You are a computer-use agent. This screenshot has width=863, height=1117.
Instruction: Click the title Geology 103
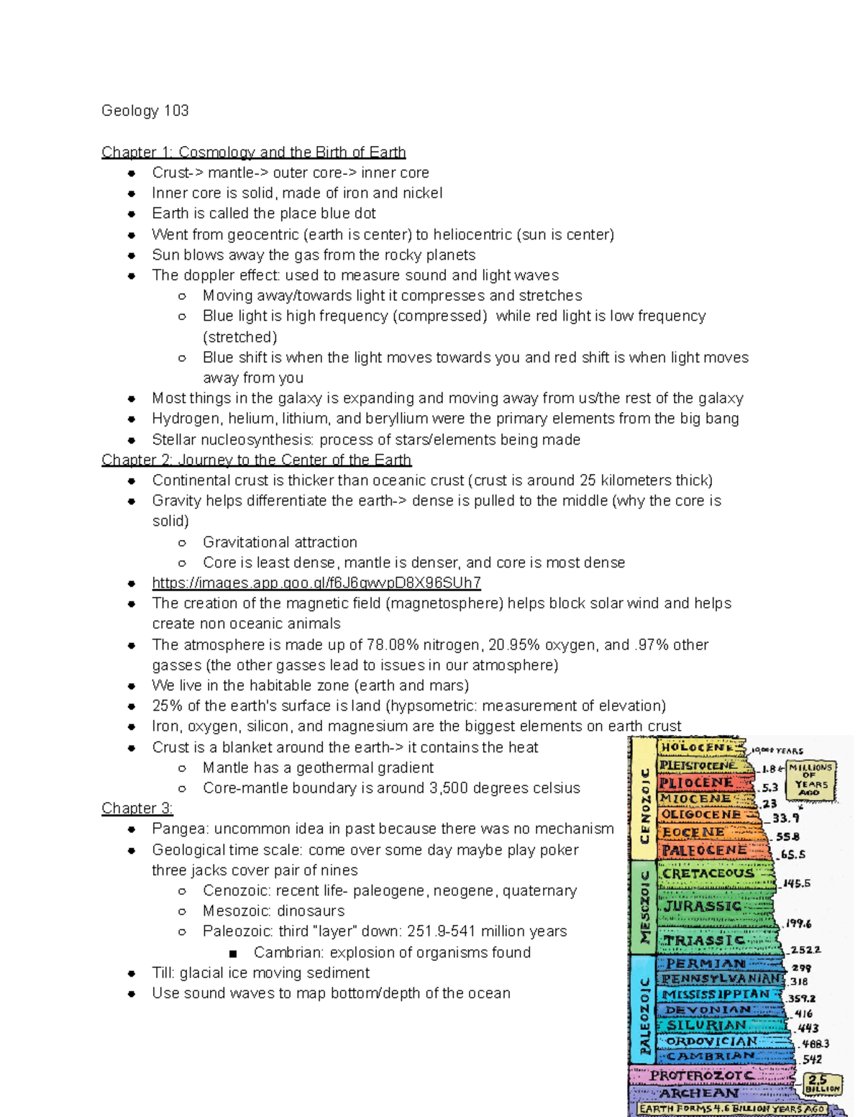tap(145, 111)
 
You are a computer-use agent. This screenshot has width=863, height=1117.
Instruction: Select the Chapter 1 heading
tap(253, 152)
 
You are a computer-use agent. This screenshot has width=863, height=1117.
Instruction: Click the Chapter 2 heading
tap(256, 460)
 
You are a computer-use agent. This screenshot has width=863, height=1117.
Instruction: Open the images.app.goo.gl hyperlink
tap(316, 583)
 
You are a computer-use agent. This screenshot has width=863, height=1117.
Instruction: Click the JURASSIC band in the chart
tap(703, 906)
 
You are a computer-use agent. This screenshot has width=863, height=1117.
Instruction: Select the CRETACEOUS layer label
tap(708, 873)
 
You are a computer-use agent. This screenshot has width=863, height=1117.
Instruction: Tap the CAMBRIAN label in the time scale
tap(711, 1056)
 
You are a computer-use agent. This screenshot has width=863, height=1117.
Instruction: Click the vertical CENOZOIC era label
tap(644, 806)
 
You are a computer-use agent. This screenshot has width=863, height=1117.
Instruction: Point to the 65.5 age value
tap(793, 854)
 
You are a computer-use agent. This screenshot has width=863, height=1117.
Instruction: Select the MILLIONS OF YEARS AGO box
tap(811, 781)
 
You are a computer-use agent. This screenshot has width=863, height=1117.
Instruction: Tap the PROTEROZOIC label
tap(701, 1075)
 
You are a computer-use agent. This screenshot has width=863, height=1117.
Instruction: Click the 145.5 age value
tap(797, 883)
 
